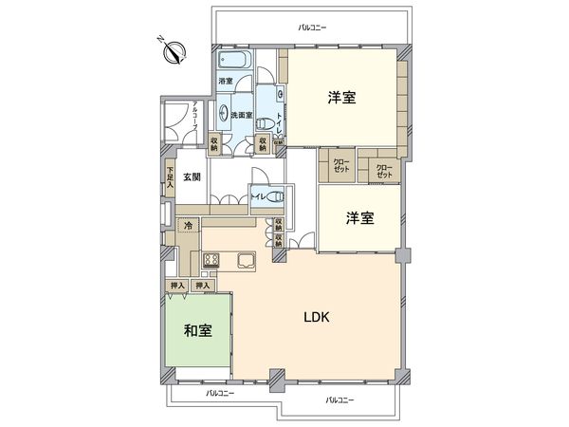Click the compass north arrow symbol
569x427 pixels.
174,50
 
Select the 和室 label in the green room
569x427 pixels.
196,331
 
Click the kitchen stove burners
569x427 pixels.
211,260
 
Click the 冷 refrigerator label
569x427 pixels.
189,228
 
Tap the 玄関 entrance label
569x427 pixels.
192,176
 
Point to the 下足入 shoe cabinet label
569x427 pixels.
169,180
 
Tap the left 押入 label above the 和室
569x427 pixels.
176,285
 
